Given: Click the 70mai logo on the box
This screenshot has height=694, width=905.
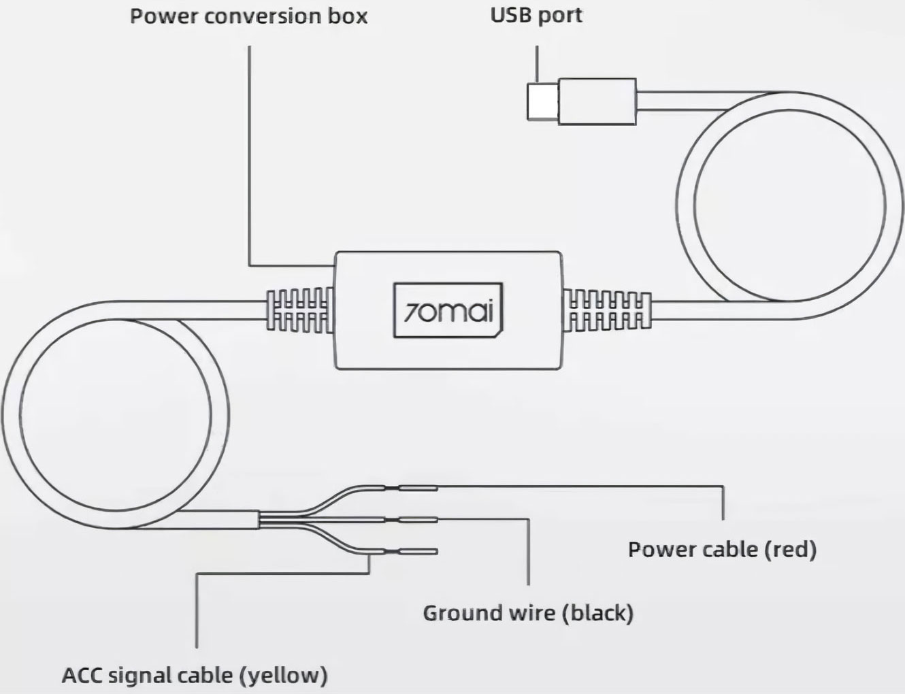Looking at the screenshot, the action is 448,310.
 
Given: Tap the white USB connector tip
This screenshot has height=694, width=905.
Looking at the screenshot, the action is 543,101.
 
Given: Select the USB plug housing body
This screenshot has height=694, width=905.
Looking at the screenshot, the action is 597,101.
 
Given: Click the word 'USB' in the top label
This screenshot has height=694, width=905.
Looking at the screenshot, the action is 510,16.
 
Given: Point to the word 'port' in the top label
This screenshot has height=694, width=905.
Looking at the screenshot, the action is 560,17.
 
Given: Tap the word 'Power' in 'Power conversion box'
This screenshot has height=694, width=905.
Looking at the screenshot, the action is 165,16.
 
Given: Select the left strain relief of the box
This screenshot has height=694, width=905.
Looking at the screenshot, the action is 300,310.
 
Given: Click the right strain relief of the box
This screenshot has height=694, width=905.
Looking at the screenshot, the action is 606,310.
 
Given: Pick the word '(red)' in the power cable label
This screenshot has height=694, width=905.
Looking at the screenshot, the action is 791,549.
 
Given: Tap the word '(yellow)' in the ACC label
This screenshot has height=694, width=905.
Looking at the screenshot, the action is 283,675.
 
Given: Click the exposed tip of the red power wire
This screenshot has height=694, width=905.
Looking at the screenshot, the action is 418,489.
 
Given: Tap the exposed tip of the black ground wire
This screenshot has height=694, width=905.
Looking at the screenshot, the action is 418,520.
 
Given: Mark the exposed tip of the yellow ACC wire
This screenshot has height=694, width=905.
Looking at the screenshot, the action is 418,552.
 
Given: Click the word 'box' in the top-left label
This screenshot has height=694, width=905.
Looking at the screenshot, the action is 353,16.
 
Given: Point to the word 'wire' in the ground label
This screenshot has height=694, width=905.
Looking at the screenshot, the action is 527,613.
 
